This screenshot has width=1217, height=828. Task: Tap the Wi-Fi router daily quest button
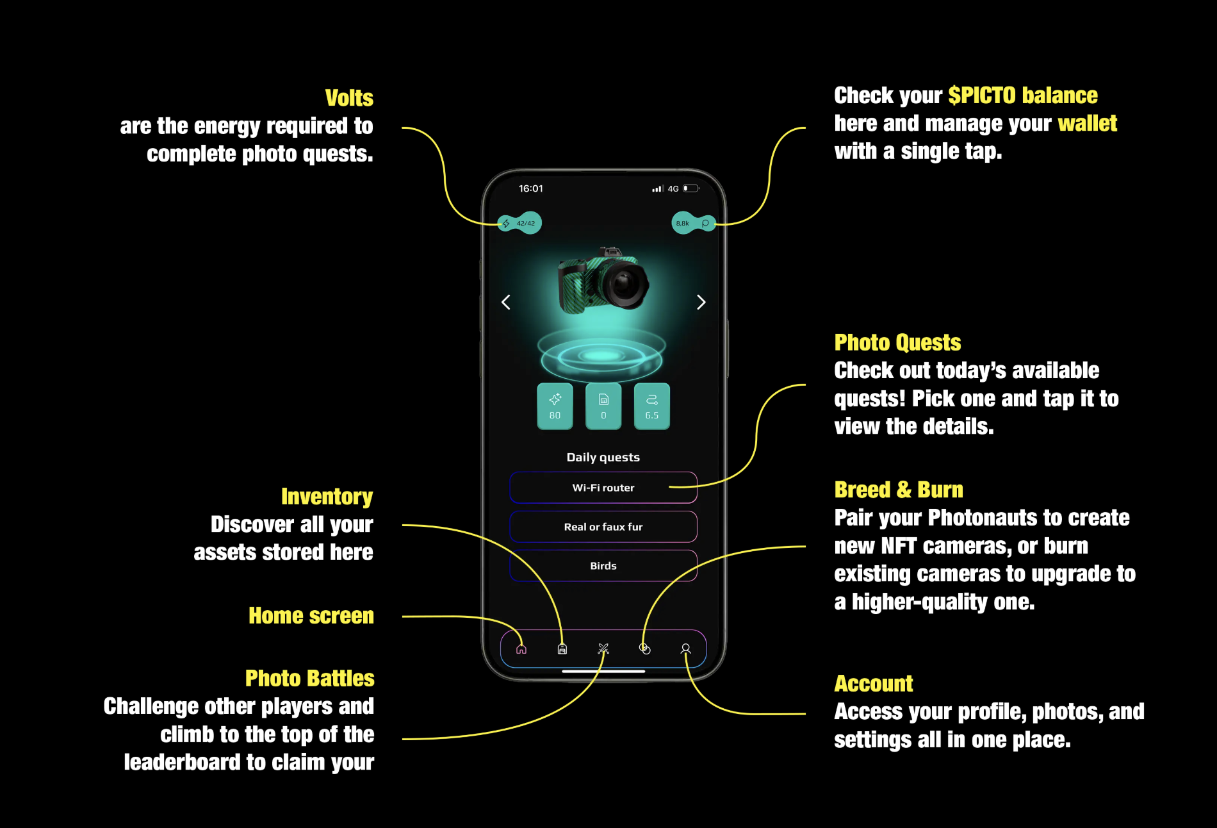tap(603, 488)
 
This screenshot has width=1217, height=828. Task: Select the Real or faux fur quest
tap(603, 527)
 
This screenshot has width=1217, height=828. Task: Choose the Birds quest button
tap(603, 566)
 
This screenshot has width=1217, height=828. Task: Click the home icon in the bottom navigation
tap(521, 649)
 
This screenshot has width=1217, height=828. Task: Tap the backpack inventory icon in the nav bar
tap(562, 649)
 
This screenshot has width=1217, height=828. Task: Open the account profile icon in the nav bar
tap(685, 649)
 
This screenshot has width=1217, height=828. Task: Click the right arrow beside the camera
tap(701, 302)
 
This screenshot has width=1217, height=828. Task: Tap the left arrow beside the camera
tap(506, 302)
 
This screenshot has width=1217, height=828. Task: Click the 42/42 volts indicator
tap(521, 223)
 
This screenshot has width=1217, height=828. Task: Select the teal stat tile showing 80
tap(555, 406)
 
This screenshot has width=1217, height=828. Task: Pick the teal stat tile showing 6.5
tap(651, 406)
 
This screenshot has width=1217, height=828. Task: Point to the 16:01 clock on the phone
tap(530, 188)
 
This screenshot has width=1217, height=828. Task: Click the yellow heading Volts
tap(349, 98)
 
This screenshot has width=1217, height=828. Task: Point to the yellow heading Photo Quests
tap(897, 343)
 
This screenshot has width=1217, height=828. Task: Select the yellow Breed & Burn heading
tap(898, 490)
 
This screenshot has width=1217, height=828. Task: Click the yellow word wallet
tap(1087, 123)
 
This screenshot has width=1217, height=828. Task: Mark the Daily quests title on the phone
tap(603, 458)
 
